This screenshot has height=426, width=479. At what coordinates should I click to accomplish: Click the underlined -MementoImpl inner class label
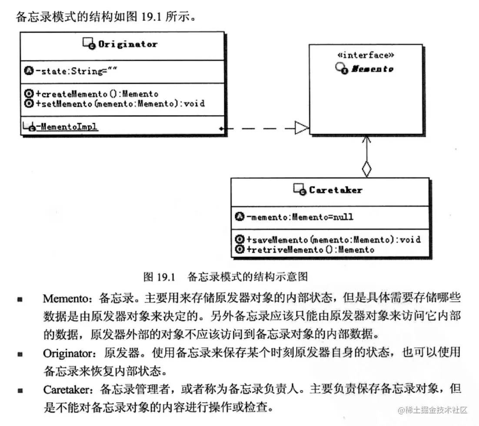67,127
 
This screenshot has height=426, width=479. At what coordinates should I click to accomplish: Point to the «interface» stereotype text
366,55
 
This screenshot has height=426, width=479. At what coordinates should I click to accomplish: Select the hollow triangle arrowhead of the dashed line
301,128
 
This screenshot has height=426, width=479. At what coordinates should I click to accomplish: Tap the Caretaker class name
335,190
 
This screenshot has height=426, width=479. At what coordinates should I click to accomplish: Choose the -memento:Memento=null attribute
300,216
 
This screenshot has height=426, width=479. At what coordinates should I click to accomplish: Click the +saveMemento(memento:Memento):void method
333,240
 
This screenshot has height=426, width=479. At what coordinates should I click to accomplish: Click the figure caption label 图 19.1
159,276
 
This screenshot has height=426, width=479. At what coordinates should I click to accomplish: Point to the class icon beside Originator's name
89,43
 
